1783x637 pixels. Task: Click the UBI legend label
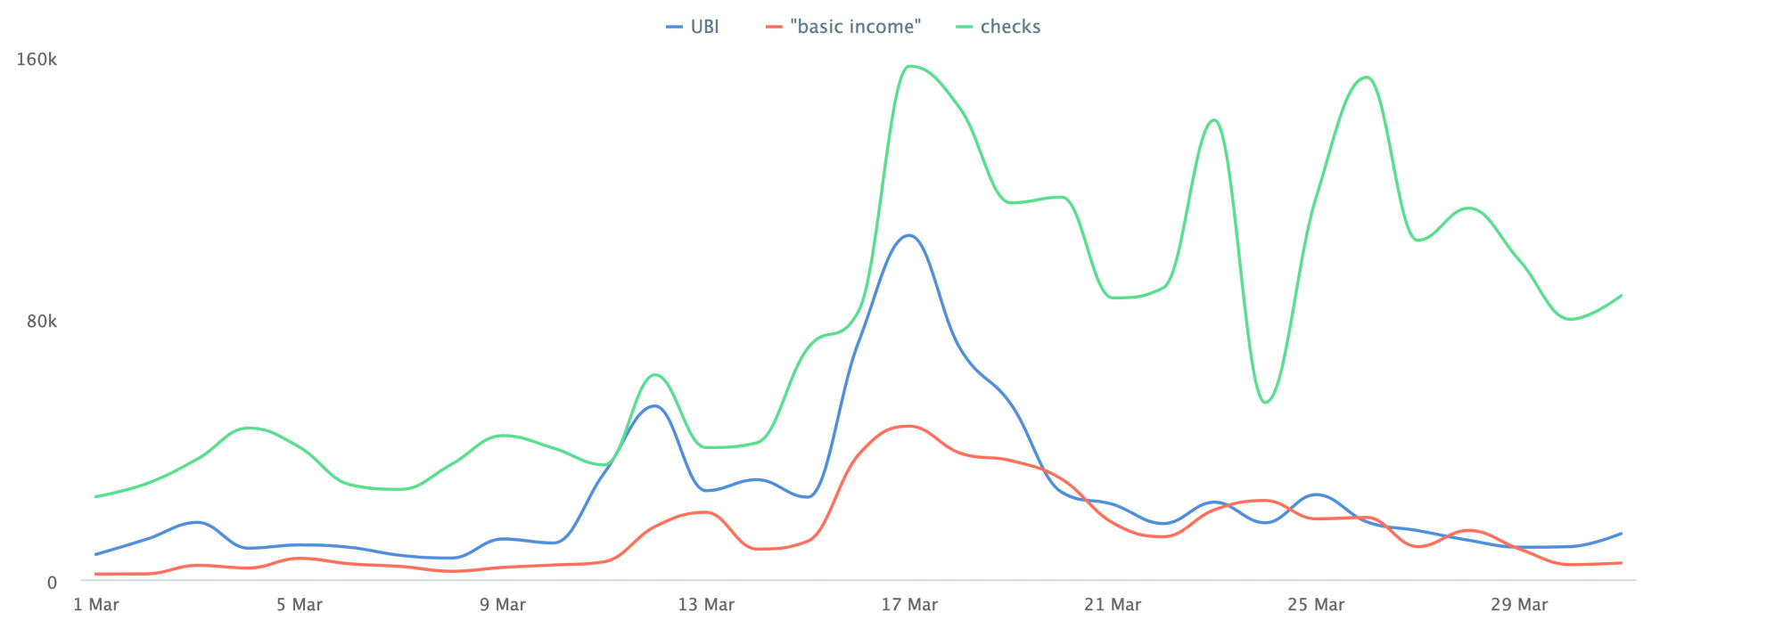point(704,27)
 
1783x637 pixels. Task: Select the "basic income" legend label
point(855,27)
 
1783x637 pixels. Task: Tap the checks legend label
point(1010,27)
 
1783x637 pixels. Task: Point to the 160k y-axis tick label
point(37,60)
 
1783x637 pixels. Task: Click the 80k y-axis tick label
point(41,321)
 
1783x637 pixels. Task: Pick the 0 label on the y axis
point(52,583)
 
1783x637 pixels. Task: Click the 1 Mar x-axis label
point(96,605)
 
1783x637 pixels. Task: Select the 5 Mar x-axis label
point(300,605)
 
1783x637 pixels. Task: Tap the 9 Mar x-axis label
point(503,605)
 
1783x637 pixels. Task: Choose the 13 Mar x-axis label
point(706,605)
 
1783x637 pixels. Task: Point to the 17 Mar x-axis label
point(909,605)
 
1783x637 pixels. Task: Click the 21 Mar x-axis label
point(1113,605)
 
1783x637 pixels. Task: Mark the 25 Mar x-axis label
point(1316,605)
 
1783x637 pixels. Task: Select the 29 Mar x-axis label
point(1519,605)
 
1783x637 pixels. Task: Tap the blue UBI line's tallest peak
point(908,235)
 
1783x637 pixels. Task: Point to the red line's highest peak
point(908,426)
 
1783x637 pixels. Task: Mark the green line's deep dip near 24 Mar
point(1266,403)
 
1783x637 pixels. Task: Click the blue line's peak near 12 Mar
point(655,405)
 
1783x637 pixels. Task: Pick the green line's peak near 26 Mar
point(1367,77)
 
